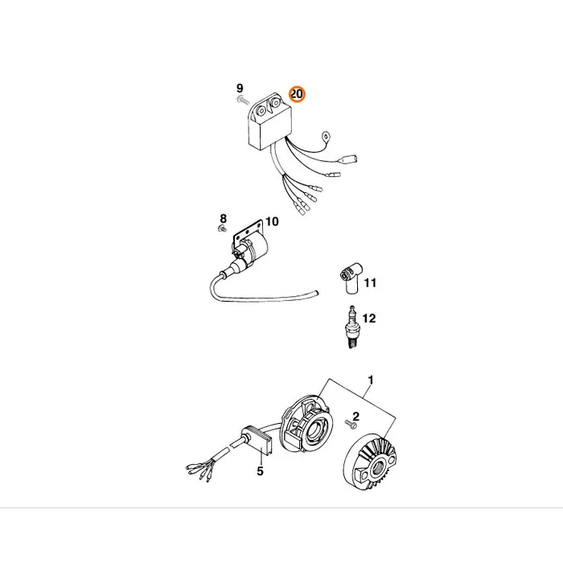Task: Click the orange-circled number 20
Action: pos(297,94)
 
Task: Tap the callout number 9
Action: pos(240,88)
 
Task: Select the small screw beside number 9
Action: pos(243,100)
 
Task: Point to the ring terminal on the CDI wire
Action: pos(326,136)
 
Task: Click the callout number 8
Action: pos(224,218)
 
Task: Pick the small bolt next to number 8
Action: pos(222,228)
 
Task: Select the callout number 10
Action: pos(272,221)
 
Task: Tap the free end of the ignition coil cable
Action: pos(317,293)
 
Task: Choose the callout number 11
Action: pos(370,283)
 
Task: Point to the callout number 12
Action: pos(368,318)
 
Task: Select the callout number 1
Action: pos(371,380)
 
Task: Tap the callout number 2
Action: pos(355,416)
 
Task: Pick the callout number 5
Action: pos(261,471)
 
